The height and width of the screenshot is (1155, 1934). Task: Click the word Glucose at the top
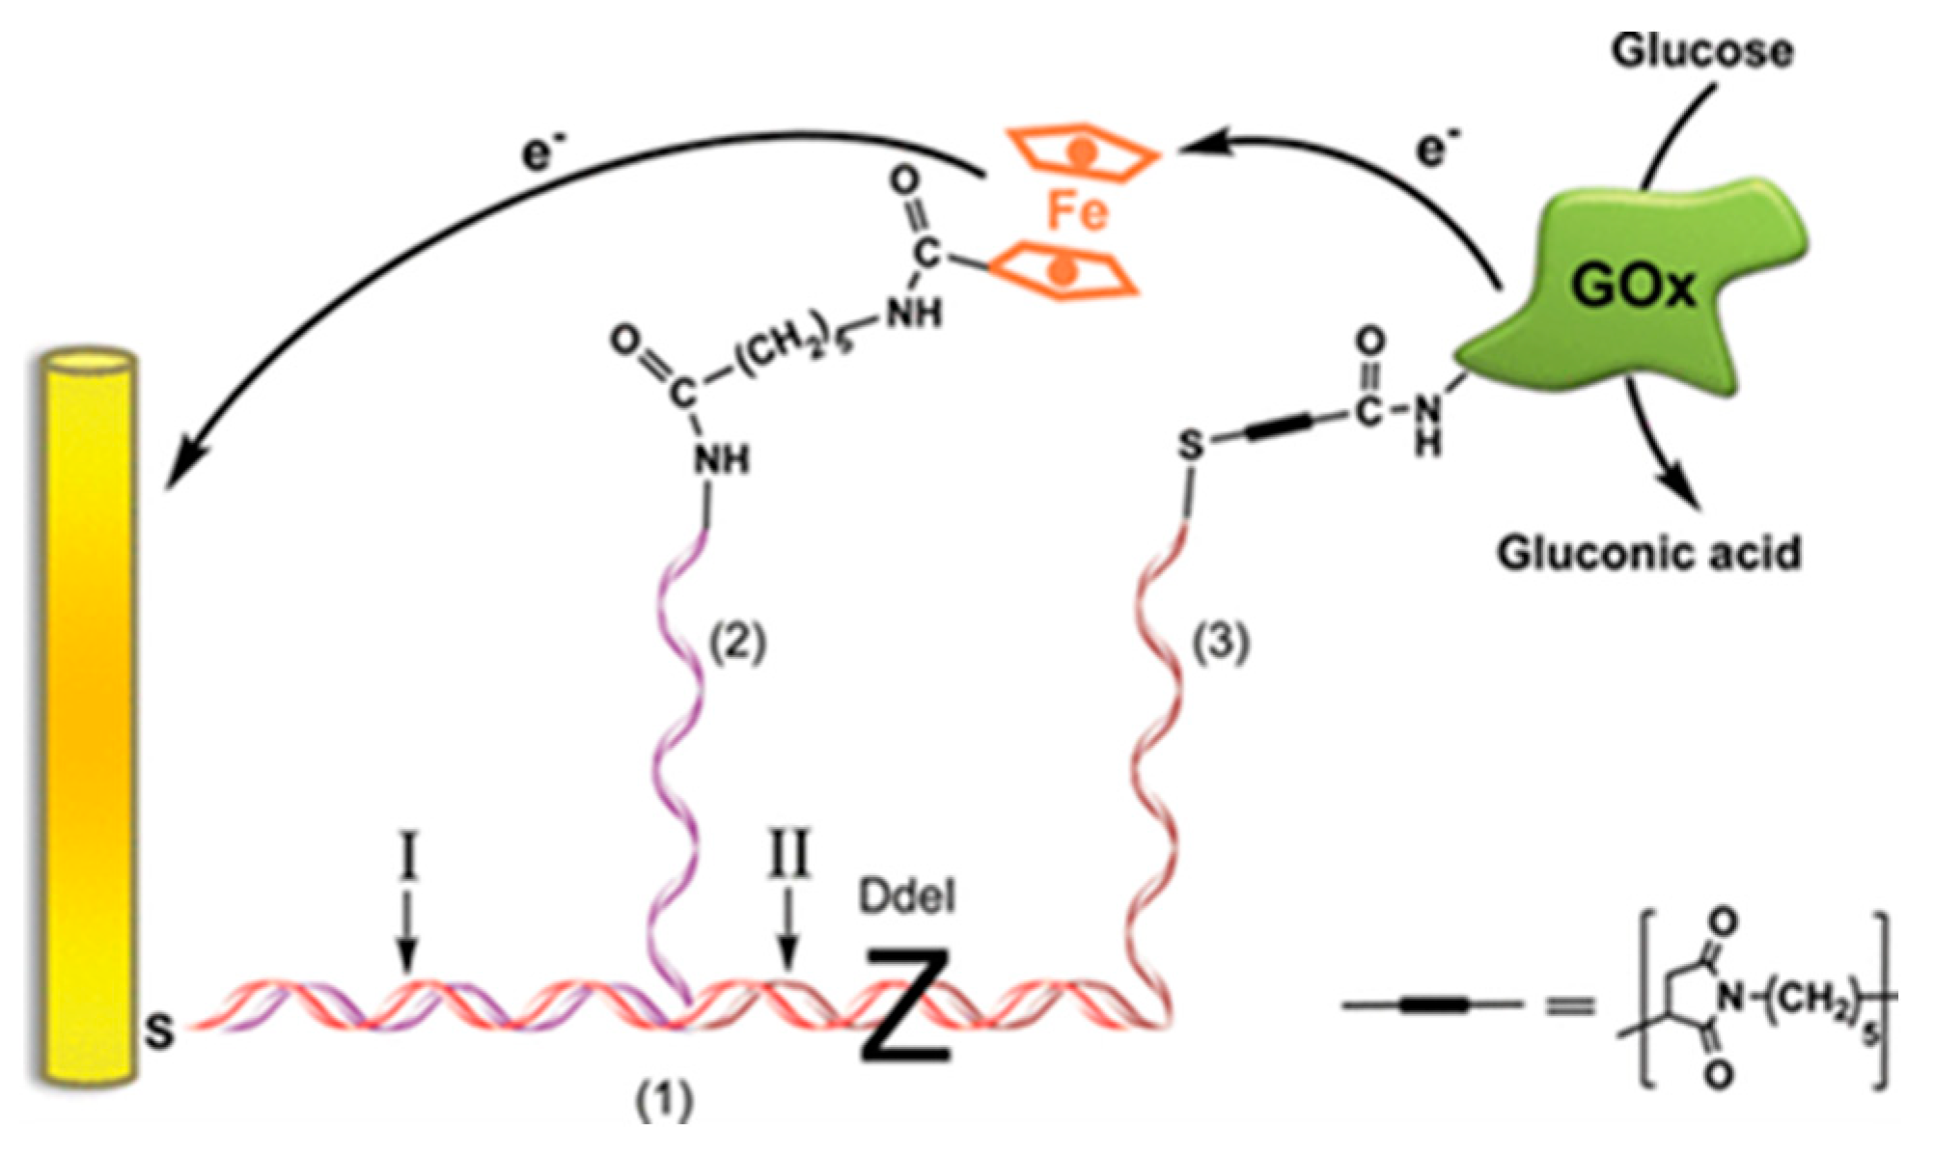click(x=1701, y=51)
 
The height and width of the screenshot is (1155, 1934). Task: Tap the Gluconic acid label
click(x=1648, y=554)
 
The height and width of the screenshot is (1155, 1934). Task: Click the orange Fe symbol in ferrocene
click(x=1077, y=212)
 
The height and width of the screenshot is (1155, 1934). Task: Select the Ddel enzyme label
click(x=907, y=898)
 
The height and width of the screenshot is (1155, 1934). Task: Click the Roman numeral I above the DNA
click(x=408, y=859)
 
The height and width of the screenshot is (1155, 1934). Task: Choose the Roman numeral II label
click(x=788, y=854)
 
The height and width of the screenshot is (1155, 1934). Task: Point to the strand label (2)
click(x=738, y=644)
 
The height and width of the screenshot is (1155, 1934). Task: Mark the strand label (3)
click(x=1222, y=644)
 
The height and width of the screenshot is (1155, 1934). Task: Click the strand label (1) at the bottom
click(x=664, y=1099)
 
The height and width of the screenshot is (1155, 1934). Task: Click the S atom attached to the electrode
click(x=160, y=1032)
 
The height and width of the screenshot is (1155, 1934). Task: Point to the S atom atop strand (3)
click(x=1192, y=446)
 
